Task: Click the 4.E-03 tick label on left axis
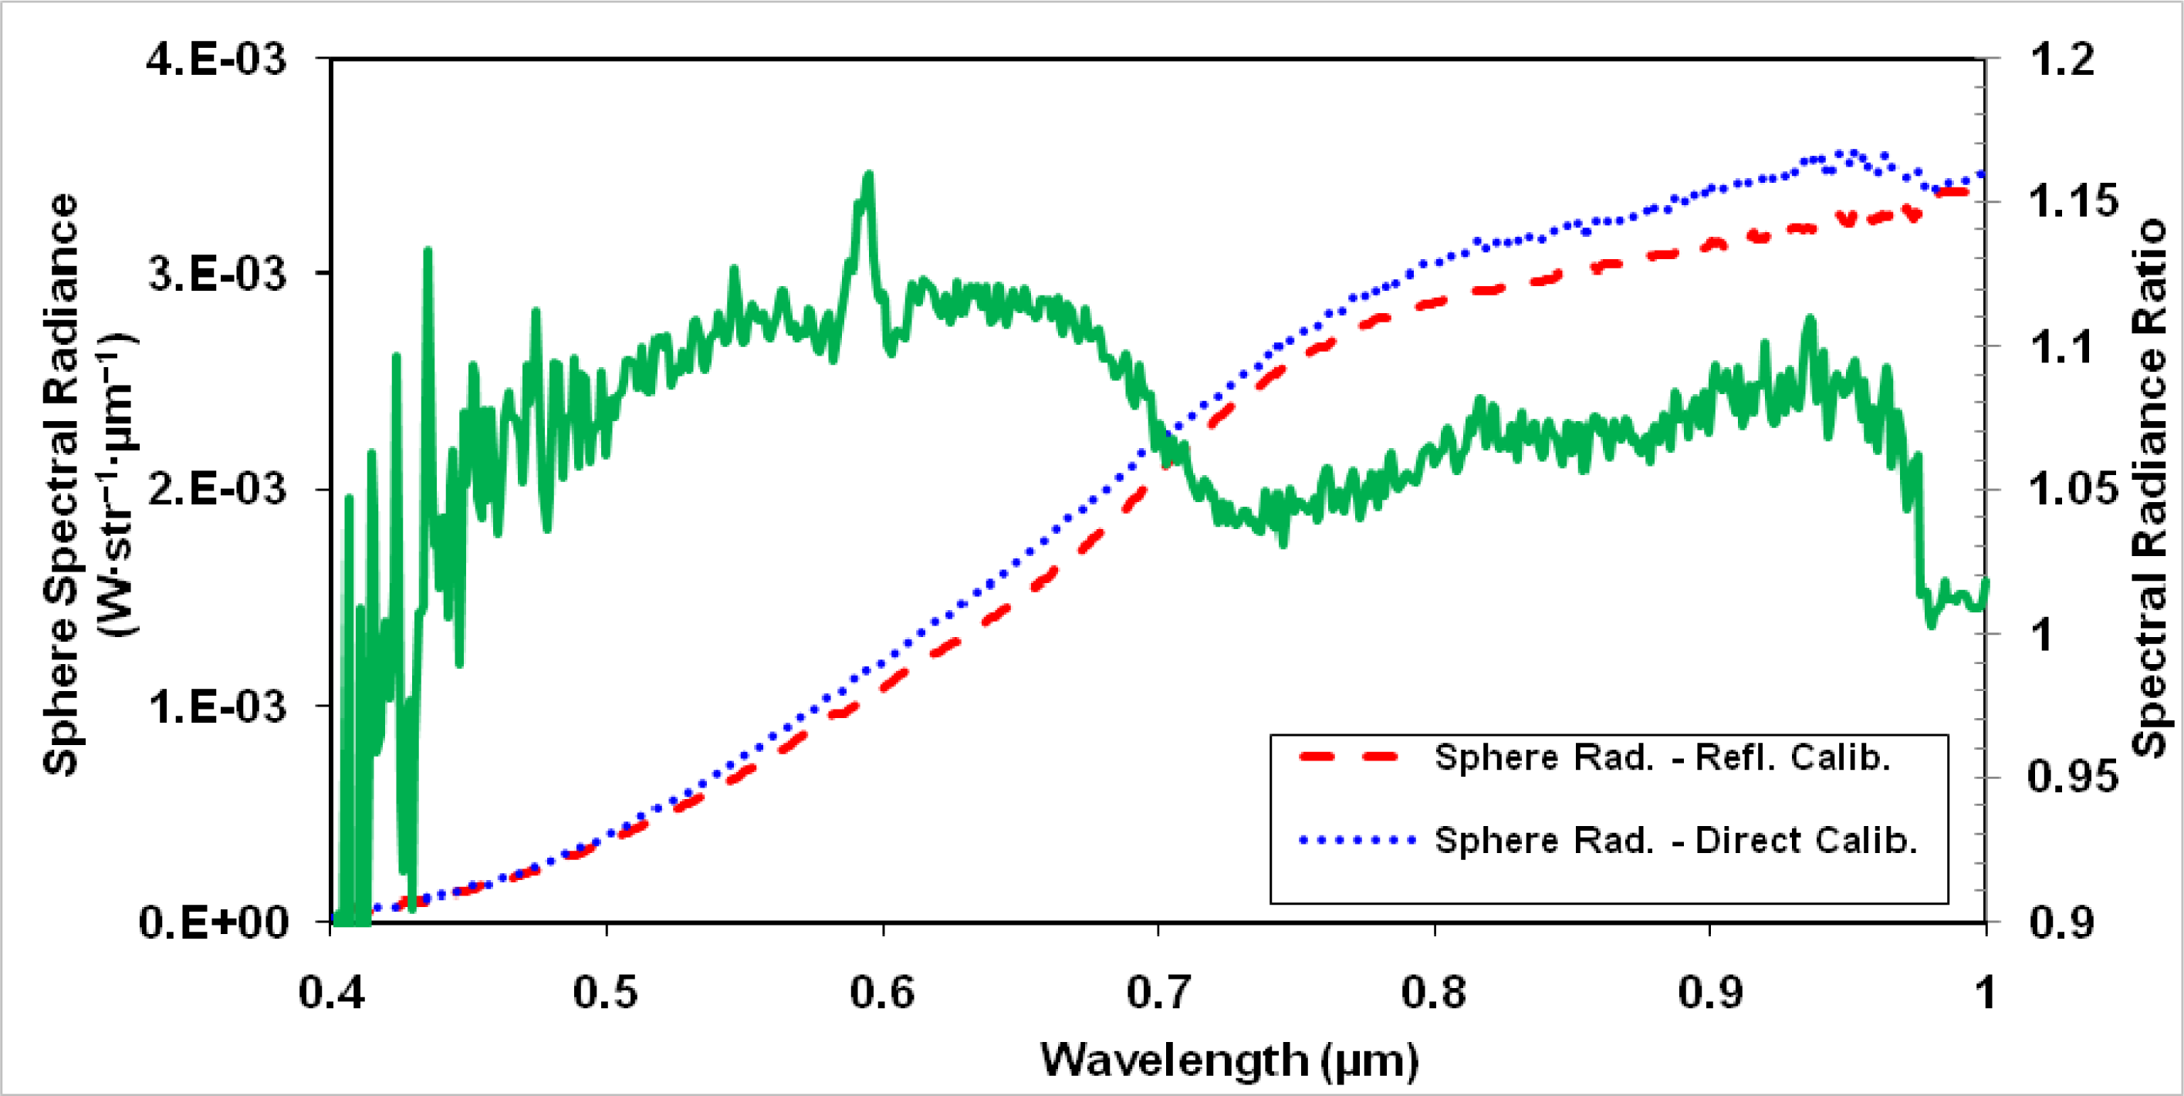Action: click(x=217, y=61)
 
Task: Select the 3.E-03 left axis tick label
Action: click(x=217, y=275)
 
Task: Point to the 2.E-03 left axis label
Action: click(x=217, y=489)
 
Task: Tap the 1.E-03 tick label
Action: click(x=217, y=705)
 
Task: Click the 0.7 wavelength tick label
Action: click(x=1158, y=992)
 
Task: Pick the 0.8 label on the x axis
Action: click(x=1434, y=992)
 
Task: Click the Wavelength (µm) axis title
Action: click(x=1229, y=1060)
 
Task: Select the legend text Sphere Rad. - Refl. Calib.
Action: click(x=1662, y=757)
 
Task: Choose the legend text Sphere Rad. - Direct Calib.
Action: click(x=1675, y=840)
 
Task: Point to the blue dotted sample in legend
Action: click(x=1357, y=841)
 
